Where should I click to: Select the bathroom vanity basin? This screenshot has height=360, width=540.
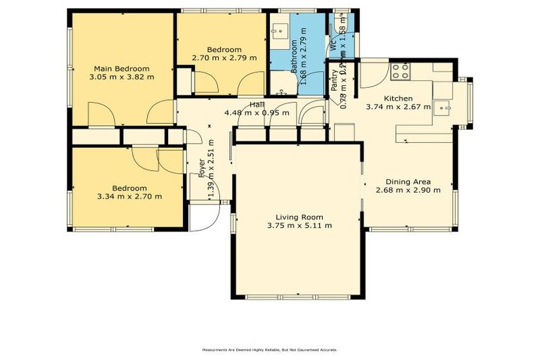[x=279, y=32]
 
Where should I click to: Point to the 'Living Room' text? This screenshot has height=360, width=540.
[x=300, y=217]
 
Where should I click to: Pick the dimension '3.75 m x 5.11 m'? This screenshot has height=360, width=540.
[x=300, y=226]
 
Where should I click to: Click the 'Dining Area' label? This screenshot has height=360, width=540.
[x=408, y=180]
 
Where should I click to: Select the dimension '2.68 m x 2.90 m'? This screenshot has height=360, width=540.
[x=408, y=189]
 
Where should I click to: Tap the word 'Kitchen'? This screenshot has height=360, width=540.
[x=398, y=98]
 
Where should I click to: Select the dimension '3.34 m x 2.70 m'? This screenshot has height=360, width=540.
[x=129, y=196]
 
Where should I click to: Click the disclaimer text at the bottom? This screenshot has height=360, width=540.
[x=270, y=349]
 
